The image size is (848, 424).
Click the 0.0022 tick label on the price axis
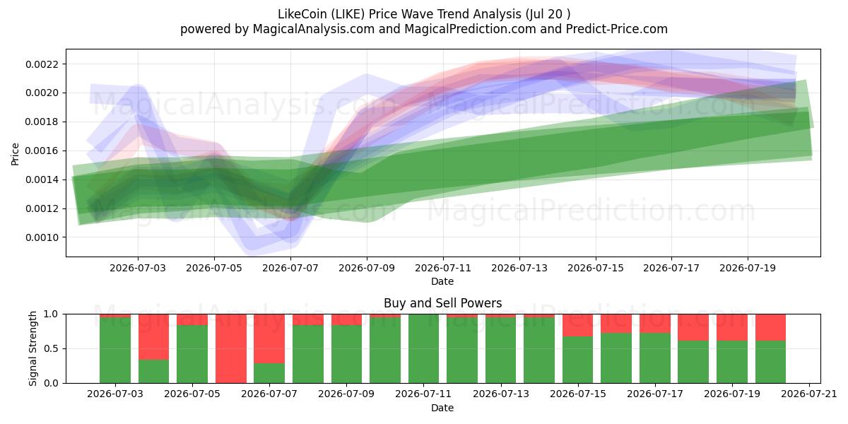coord(42,64)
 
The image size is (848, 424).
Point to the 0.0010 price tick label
coord(42,237)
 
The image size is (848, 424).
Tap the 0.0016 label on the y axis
coord(42,151)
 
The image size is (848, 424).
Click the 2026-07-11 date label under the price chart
coord(443,268)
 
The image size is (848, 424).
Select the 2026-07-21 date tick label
coord(809,394)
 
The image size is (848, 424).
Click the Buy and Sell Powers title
coord(443,303)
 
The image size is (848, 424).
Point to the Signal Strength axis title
coord(33,348)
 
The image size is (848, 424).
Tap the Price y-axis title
coord(15,154)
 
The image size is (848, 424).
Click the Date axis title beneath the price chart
coord(442,282)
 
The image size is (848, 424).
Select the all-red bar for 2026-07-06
coord(231,348)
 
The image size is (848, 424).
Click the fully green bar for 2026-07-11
coord(423,348)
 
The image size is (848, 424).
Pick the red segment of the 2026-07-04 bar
coord(154,337)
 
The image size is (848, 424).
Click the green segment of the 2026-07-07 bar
coord(269,373)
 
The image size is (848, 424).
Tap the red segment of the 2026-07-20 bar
coord(771,327)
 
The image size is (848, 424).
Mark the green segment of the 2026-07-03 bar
coord(115,351)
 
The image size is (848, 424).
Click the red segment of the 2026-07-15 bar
coord(578,325)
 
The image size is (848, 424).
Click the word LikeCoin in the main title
coord(302,14)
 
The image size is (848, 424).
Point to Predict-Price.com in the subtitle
coord(617,29)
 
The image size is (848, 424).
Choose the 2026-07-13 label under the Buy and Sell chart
coord(501,394)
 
